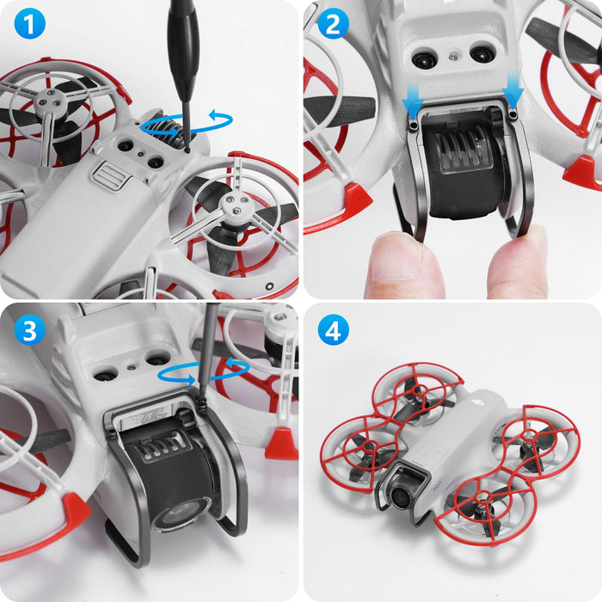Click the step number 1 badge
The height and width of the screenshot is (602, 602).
pos(29,26)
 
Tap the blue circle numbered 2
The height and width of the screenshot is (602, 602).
pos(331,26)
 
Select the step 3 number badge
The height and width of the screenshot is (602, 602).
pos(29,329)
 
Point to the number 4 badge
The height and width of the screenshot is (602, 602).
pos(331,329)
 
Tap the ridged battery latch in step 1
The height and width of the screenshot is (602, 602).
pos(106,177)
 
